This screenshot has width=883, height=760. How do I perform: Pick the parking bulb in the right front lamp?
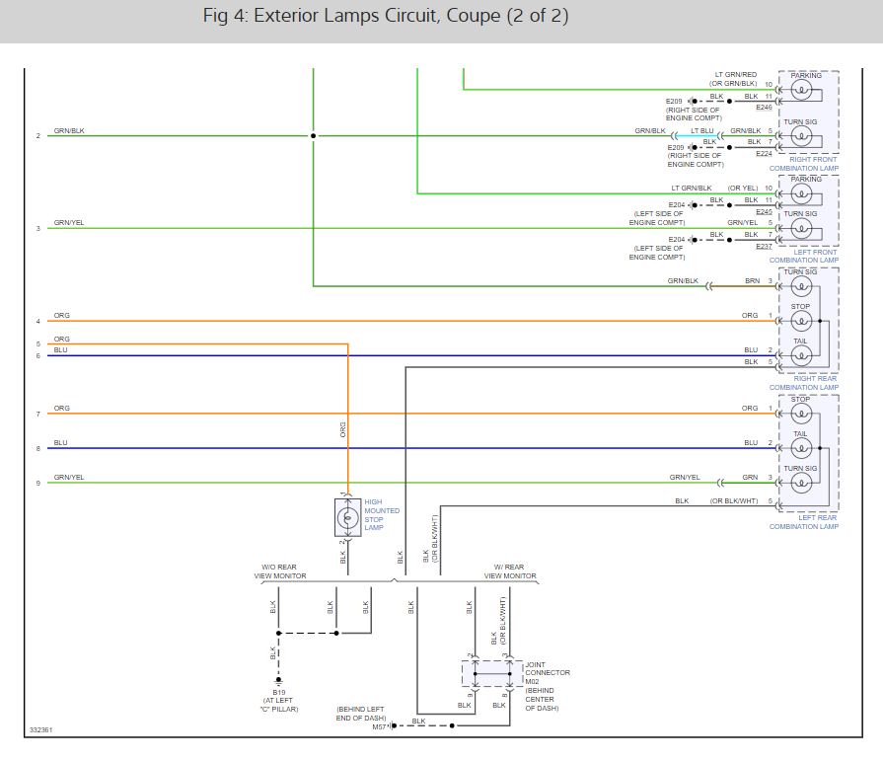[802, 92]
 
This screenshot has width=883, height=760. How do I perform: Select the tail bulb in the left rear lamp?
[802, 448]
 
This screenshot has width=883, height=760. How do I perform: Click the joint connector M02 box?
[491, 673]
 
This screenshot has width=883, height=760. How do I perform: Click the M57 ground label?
[379, 726]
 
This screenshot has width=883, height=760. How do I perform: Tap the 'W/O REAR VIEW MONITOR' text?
[280, 570]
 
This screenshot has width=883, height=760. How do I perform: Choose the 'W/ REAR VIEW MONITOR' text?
[509, 570]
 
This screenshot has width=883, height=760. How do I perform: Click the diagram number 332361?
[40, 730]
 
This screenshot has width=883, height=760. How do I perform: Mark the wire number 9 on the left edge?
[37, 483]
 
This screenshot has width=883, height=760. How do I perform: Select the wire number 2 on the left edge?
[37, 135]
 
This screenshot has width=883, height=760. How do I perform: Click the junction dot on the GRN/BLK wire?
[314, 135]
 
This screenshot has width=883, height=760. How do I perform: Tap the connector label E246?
[765, 107]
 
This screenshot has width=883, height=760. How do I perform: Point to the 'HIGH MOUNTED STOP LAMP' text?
[382, 514]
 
